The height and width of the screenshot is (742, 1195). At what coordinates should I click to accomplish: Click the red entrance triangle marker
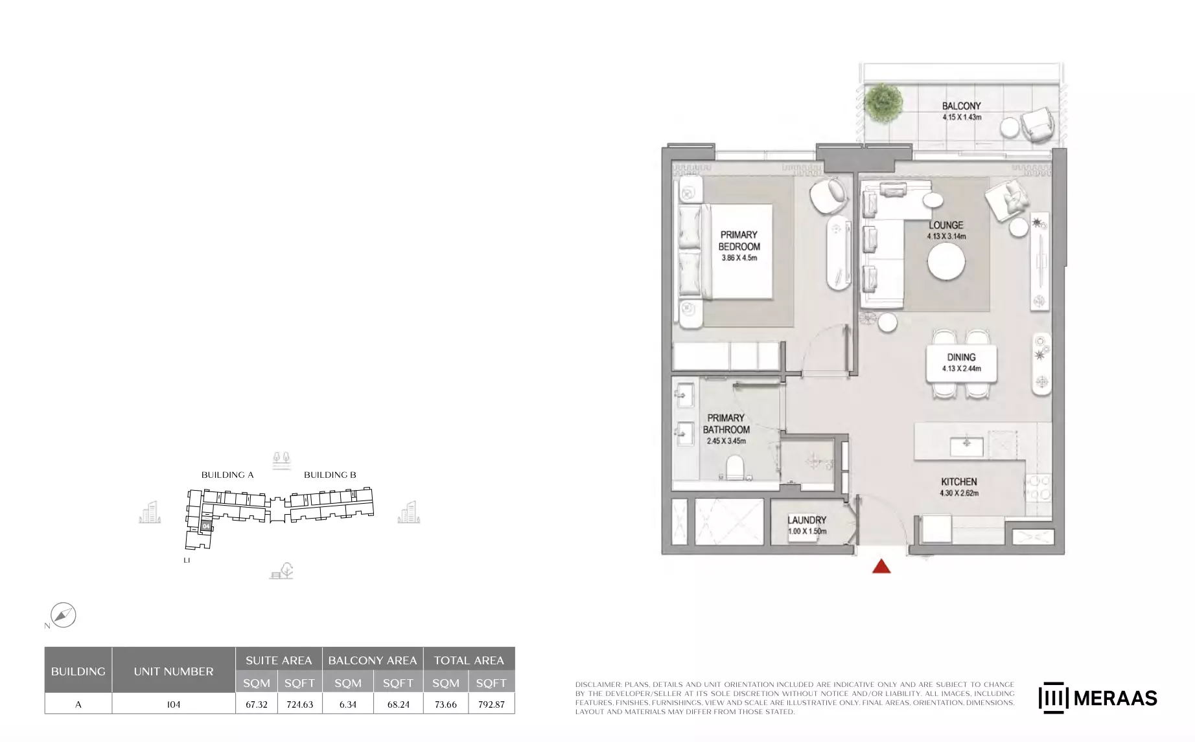[x=881, y=567]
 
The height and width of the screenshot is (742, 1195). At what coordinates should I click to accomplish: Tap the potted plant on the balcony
[x=883, y=102]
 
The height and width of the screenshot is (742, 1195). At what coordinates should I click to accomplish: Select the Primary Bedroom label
[x=739, y=241]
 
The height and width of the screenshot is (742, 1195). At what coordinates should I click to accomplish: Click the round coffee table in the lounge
[x=946, y=262]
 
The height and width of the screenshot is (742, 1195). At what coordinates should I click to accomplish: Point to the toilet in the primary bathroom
[x=735, y=467]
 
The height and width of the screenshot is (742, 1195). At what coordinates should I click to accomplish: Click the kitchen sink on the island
[x=966, y=446]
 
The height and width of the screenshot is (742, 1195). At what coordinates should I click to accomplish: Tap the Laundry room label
[x=807, y=520]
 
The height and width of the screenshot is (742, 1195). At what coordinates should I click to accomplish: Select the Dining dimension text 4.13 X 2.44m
[x=962, y=368]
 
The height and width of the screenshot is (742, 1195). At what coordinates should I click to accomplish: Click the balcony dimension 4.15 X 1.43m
[x=962, y=117]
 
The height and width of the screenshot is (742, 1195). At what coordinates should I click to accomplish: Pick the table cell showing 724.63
[x=299, y=704]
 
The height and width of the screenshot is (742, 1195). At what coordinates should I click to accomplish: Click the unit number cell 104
[x=174, y=704]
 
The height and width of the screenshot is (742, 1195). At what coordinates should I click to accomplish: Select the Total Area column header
[x=469, y=660]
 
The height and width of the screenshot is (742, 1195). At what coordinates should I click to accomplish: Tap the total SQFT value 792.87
[x=491, y=704]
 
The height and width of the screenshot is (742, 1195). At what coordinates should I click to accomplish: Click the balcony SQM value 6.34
[x=348, y=704]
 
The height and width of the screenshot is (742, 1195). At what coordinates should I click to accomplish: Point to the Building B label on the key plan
[x=330, y=475]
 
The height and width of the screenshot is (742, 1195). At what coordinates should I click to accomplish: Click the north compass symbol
[x=63, y=615]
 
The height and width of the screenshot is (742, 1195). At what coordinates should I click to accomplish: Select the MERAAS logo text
[x=1115, y=698]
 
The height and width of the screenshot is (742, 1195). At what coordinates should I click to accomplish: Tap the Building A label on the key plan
[x=227, y=475]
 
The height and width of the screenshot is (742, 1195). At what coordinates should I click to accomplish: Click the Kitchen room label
[x=959, y=482]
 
